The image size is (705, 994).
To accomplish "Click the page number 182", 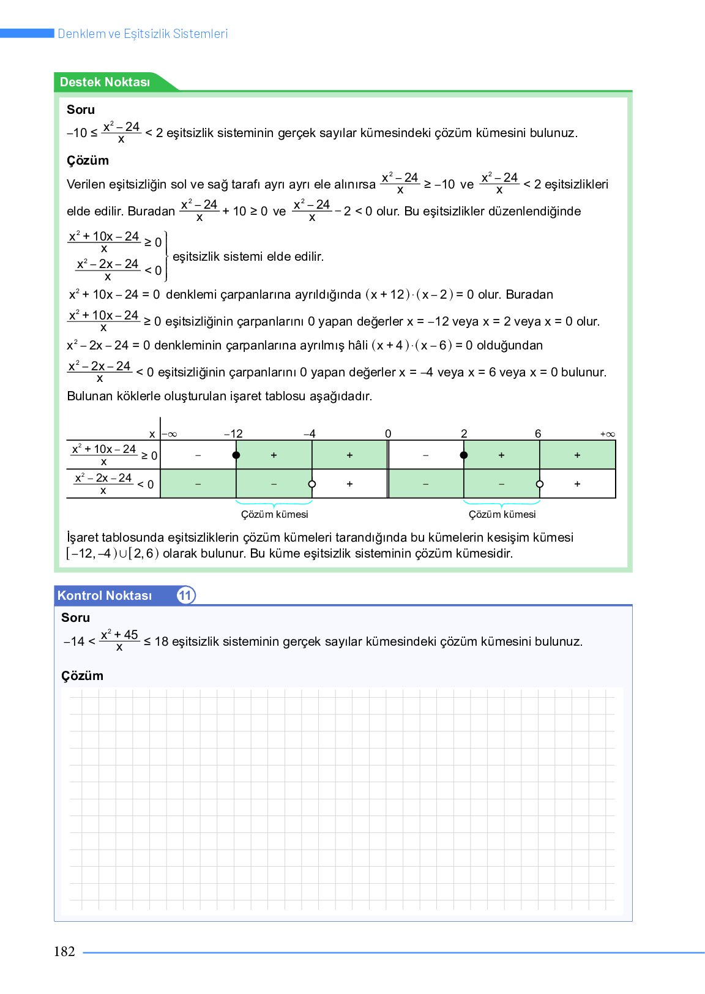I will tap(64, 952).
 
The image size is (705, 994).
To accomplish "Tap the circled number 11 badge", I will tap(185, 596).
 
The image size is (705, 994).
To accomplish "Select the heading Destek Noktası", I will tap(105, 82).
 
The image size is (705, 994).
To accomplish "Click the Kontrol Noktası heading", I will tap(105, 596).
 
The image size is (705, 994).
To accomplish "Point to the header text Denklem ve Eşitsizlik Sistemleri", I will tap(143, 34).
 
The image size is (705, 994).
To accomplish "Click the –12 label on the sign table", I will tap(233, 433).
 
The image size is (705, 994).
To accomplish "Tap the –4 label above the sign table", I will tap(310, 433).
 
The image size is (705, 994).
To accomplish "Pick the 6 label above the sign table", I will tap(538, 433).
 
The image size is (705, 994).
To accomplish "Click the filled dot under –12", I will tap(236, 455).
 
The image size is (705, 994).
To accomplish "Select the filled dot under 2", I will tap(464, 455).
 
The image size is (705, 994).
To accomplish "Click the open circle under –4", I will tap(312, 484).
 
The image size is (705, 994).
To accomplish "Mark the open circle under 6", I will tap(540, 484).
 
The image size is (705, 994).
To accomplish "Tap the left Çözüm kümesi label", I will tap(275, 514).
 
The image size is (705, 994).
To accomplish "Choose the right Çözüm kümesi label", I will tap(502, 514).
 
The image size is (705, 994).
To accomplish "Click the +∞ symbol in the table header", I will tap(608, 434).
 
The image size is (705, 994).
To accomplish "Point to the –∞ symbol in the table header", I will tap(170, 434).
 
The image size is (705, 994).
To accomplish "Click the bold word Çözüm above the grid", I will tap(82, 676).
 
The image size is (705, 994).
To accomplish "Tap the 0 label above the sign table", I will tap(388, 433).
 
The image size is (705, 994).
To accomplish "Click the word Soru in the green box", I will tap(81, 110).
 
